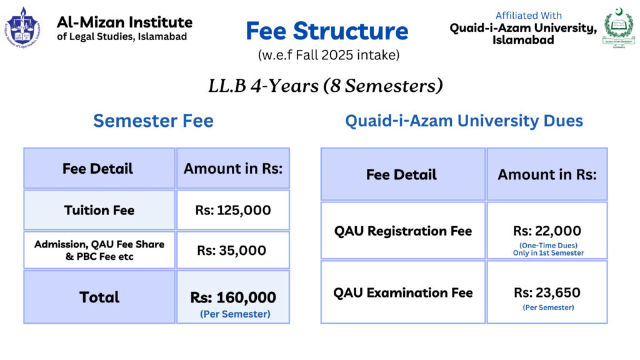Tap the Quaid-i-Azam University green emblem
(619, 27)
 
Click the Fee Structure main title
(327, 31)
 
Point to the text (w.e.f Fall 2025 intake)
(329, 55)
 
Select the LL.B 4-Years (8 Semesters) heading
(326, 86)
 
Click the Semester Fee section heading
(154, 121)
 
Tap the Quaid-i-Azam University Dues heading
(464, 121)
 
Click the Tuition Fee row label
(99, 210)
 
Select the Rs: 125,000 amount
(233, 210)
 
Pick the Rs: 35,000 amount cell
(232, 250)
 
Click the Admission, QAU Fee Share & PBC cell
(99, 250)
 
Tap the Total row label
(99, 297)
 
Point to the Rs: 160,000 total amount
(233, 297)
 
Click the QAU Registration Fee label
(403, 231)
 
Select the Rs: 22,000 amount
(547, 231)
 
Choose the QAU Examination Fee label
(403, 292)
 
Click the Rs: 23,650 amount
(547, 292)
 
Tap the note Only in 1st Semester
(549, 253)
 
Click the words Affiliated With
(529, 16)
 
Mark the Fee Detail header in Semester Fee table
(97, 169)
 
